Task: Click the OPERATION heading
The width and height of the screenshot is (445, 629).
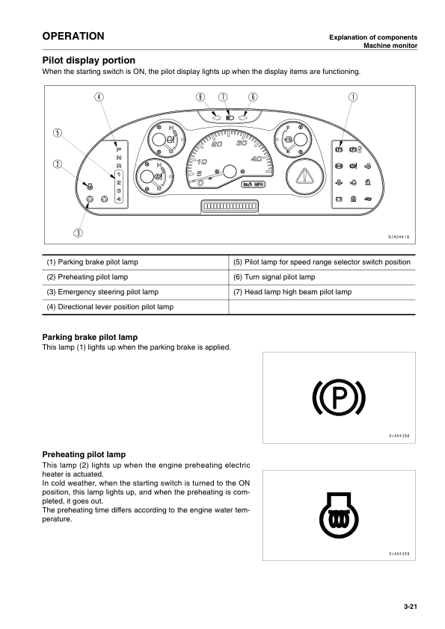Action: coord(73,37)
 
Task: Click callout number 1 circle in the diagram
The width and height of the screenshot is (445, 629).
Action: coord(352,97)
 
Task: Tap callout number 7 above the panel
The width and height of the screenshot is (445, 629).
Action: coord(222,97)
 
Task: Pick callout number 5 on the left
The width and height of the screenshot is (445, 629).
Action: coord(57,132)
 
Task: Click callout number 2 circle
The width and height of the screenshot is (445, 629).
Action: coord(57,164)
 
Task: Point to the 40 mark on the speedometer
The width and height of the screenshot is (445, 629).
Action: coord(257,158)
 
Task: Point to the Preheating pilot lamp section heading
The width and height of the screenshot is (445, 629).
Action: coord(85,454)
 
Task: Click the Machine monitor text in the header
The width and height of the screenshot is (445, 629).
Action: coord(390,46)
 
